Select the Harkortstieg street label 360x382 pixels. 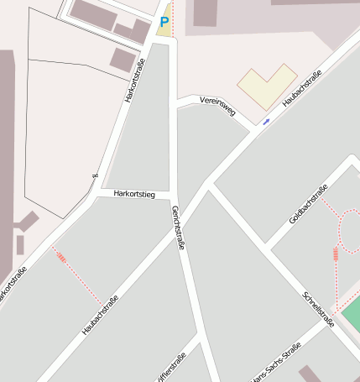(x=135, y=195)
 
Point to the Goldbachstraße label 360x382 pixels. (x=305, y=205)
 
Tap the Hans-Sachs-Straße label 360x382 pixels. (x=277, y=367)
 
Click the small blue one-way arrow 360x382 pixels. (x=266, y=122)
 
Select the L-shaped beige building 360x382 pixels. (x=267, y=86)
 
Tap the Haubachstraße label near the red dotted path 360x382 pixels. (x=100, y=316)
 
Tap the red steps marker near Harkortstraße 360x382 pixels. (x=60, y=257)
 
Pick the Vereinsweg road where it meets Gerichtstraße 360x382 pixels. (x=176, y=102)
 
